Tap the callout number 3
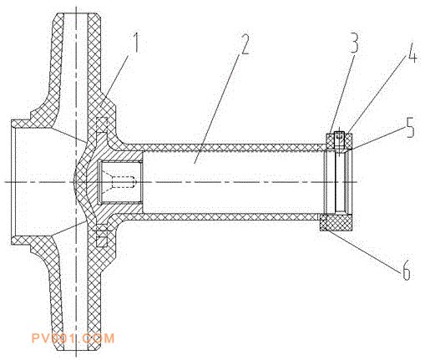click(x=353, y=42)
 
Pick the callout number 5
click(x=409, y=127)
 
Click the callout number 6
click(x=406, y=270)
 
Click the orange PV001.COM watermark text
click(x=73, y=338)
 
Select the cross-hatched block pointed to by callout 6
click(x=336, y=223)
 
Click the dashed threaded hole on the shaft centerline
click(x=124, y=182)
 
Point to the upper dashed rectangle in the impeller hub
click(x=102, y=124)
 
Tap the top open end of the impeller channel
click(x=75, y=13)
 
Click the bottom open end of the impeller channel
click(x=75, y=350)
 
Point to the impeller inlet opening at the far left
click(x=13, y=182)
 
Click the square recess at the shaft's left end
click(x=120, y=182)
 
